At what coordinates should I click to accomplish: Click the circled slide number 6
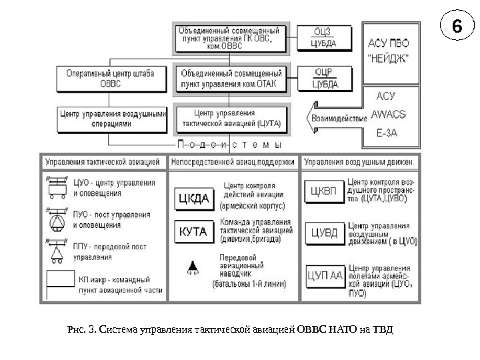click(456, 28)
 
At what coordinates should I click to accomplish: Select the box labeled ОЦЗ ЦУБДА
click(325, 38)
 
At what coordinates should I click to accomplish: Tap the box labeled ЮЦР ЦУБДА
click(325, 77)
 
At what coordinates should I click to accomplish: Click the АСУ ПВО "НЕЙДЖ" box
click(390, 49)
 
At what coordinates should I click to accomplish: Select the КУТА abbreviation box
click(193, 231)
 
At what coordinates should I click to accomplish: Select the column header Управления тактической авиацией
click(102, 161)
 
